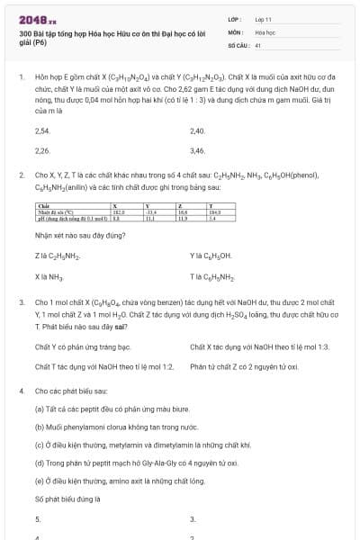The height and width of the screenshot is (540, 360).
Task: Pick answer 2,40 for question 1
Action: coord(198,131)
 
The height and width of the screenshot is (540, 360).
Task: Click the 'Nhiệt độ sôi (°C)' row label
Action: coord(58,211)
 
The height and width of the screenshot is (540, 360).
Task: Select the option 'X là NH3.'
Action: coord(49,275)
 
